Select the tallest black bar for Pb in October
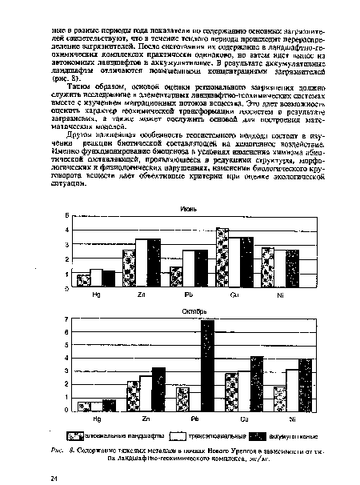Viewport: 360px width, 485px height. (207, 366)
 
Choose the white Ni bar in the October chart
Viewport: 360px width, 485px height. (292, 390)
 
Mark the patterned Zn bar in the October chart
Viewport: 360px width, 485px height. (133, 395)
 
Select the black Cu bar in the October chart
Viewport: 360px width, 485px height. (256, 383)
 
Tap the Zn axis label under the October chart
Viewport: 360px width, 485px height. (145, 419)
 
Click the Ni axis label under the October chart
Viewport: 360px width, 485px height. (294, 419)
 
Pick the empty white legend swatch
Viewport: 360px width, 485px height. (180, 435)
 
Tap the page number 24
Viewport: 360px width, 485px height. (54, 478)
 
